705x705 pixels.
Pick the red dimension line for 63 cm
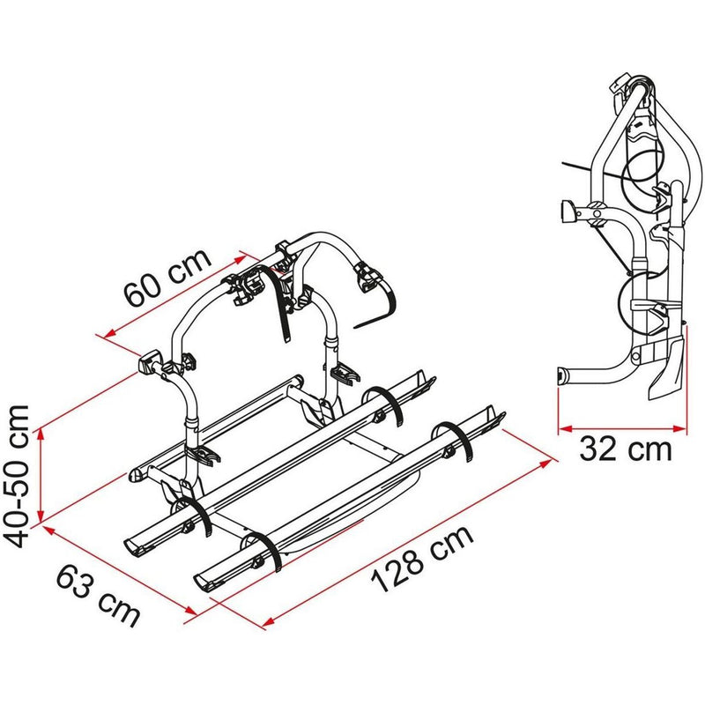point(115,568)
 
